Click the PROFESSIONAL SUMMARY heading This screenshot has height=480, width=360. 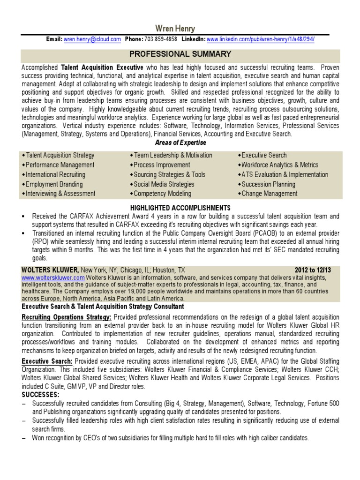[180, 54]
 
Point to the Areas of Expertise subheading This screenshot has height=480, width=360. [180, 142]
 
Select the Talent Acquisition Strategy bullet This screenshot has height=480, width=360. [60, 155]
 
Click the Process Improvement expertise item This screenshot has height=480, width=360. [162, 165]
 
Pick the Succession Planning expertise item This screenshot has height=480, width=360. [268, 184]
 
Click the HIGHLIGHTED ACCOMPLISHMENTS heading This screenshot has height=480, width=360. [180, 208]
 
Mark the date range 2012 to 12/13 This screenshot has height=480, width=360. [316, 270]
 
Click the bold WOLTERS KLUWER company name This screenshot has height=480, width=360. [50, 270]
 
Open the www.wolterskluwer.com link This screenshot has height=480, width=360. [52, 277]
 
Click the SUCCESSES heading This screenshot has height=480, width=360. [40, 395]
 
